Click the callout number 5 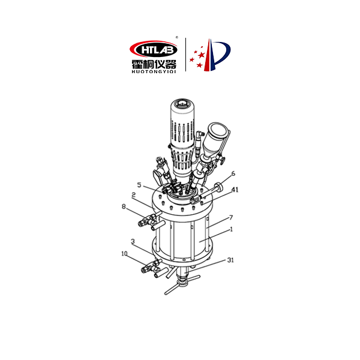click(x=139, y=185)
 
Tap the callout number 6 click(x=233, y=173)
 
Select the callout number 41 click(x=235, y=190)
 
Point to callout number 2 click(x=133, y=196)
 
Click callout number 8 click(x=124, y=206)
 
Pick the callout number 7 click(x=231, y=217)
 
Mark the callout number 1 click(x=232, y=229)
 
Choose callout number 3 click(x=133, y=242)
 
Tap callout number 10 click(x=124, y=254)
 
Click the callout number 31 click(x=230, y=260)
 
